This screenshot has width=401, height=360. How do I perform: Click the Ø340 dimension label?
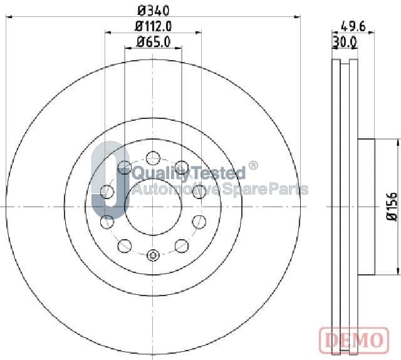tap(153, 11)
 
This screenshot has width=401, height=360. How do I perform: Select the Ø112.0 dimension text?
tap(153, 26)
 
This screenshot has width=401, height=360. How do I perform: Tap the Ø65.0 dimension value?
tap(153, 42)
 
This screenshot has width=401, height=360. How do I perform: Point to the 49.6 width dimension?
tap(353, 26)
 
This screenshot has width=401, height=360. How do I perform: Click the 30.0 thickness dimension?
tap(345, 43)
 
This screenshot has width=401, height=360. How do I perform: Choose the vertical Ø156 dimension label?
tap(392, 207)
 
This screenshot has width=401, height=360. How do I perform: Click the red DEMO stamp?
tap(354, 339)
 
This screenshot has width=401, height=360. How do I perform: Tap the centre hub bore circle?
tap(153, 207)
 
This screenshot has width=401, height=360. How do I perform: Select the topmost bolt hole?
tap(153, 158)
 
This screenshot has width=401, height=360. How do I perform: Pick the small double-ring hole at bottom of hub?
tap(153, 255)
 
